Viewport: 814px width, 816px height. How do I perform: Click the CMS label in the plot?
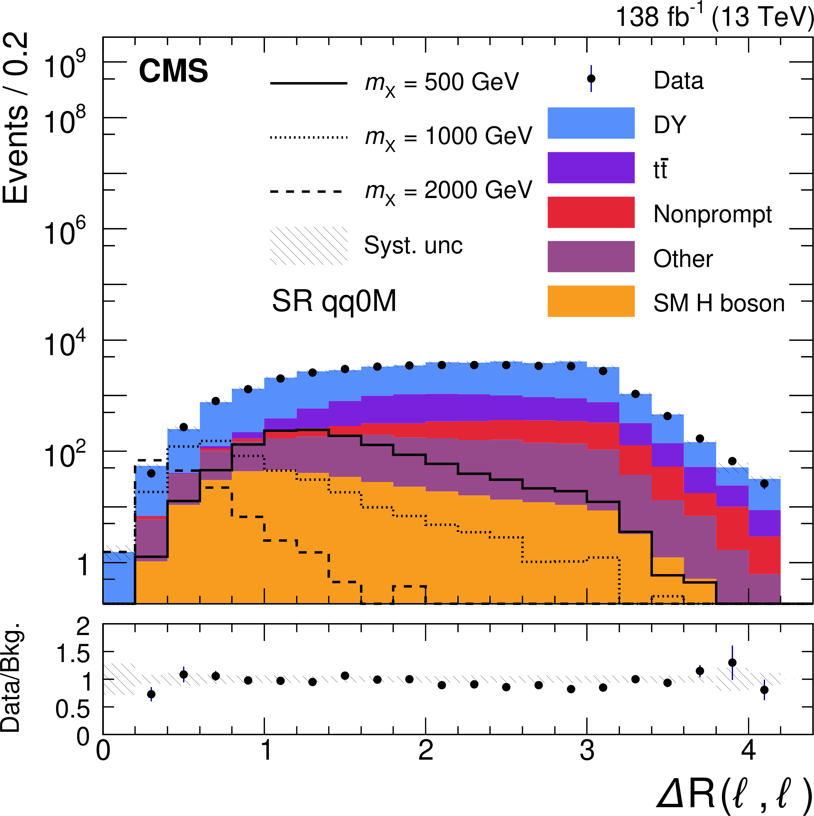coord(173,71)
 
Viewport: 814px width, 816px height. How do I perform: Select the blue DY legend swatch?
coord(591,123)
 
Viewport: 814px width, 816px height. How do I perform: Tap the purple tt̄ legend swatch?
coord(591,168)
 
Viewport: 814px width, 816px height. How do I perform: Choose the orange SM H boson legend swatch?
coord(591,301)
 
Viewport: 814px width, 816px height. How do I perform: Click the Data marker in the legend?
coord(591,79)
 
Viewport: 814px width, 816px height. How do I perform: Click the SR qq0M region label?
coord(334,302)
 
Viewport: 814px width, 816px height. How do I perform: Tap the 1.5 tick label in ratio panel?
coord(73,654)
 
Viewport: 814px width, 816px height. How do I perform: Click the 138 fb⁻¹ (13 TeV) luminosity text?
coord(714,18)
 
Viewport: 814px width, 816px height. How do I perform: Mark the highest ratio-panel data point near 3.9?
coord(732,663)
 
